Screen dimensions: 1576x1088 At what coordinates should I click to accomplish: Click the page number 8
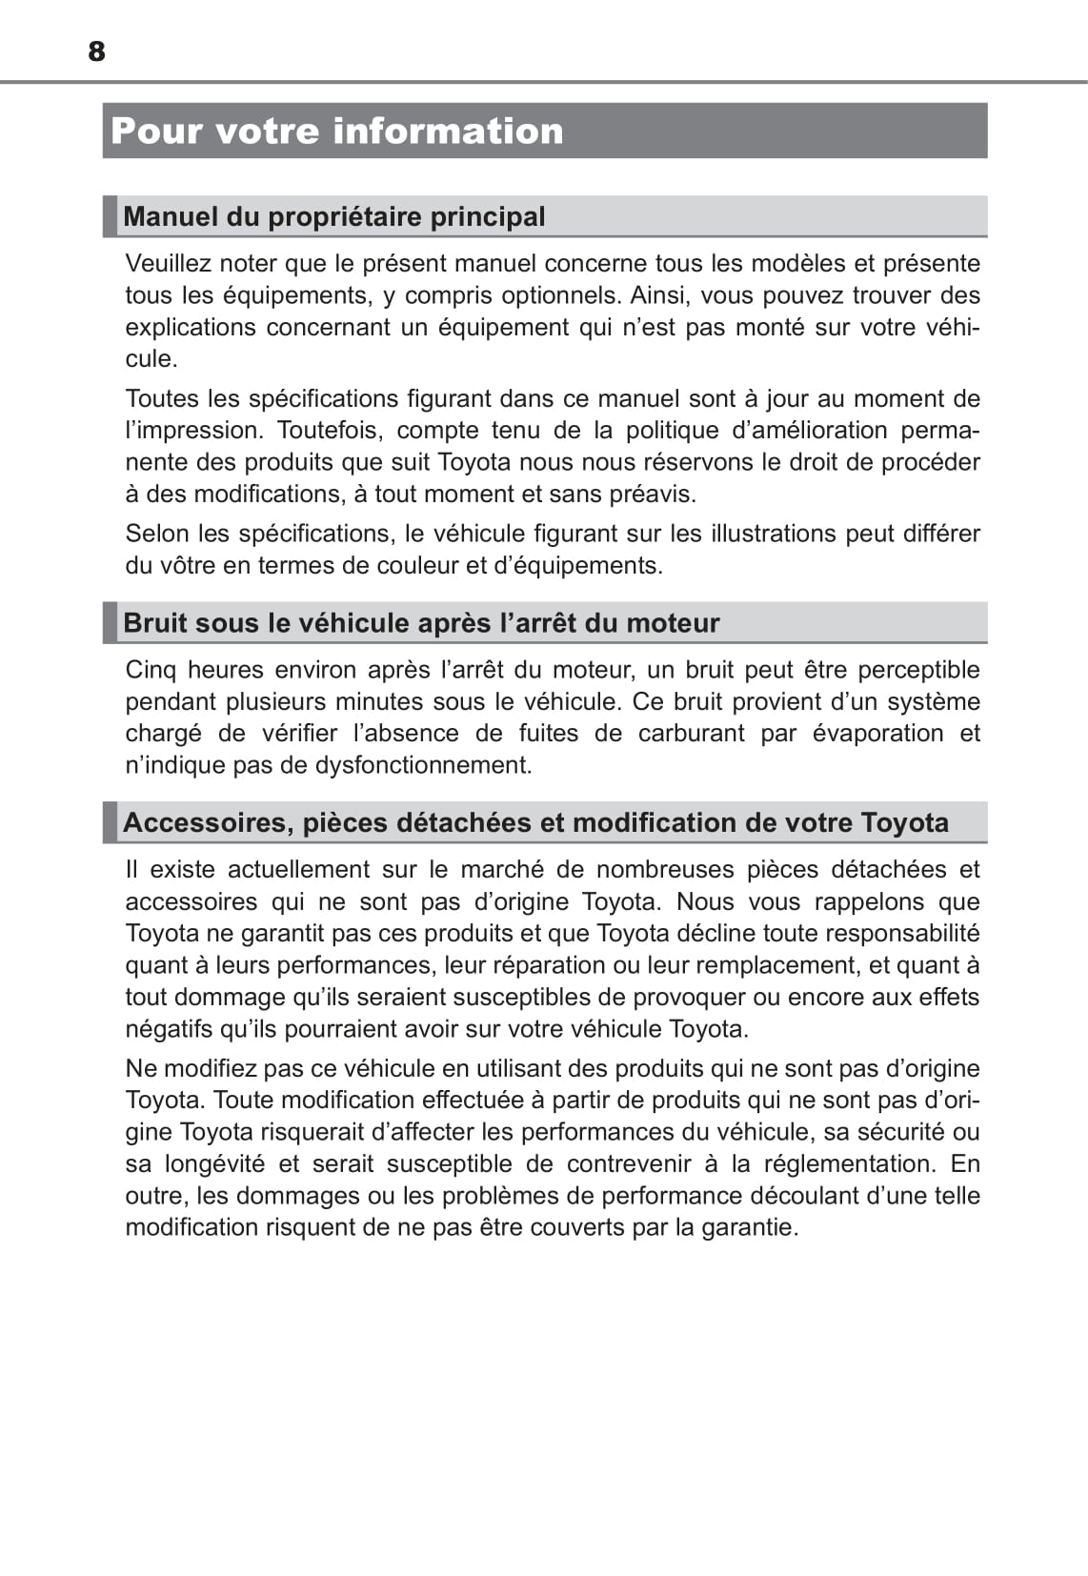(x=96, y=51)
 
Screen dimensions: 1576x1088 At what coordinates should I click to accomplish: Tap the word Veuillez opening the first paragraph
(x=169, y=263)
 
